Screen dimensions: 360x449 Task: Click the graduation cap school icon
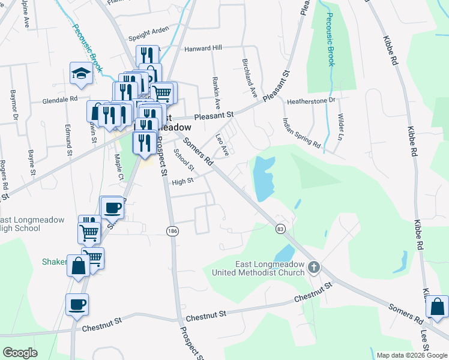click(80, 73)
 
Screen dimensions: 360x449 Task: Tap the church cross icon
click(313, 267)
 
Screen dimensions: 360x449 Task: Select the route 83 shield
click(280, 229)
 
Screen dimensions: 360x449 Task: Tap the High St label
click(182, 181)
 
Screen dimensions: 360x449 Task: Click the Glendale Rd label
click(60, 99)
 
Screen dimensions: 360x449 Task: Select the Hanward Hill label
click(186, 47)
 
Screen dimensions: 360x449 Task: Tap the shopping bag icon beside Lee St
click(438, 308)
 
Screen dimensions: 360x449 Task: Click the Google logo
click(20, 353)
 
